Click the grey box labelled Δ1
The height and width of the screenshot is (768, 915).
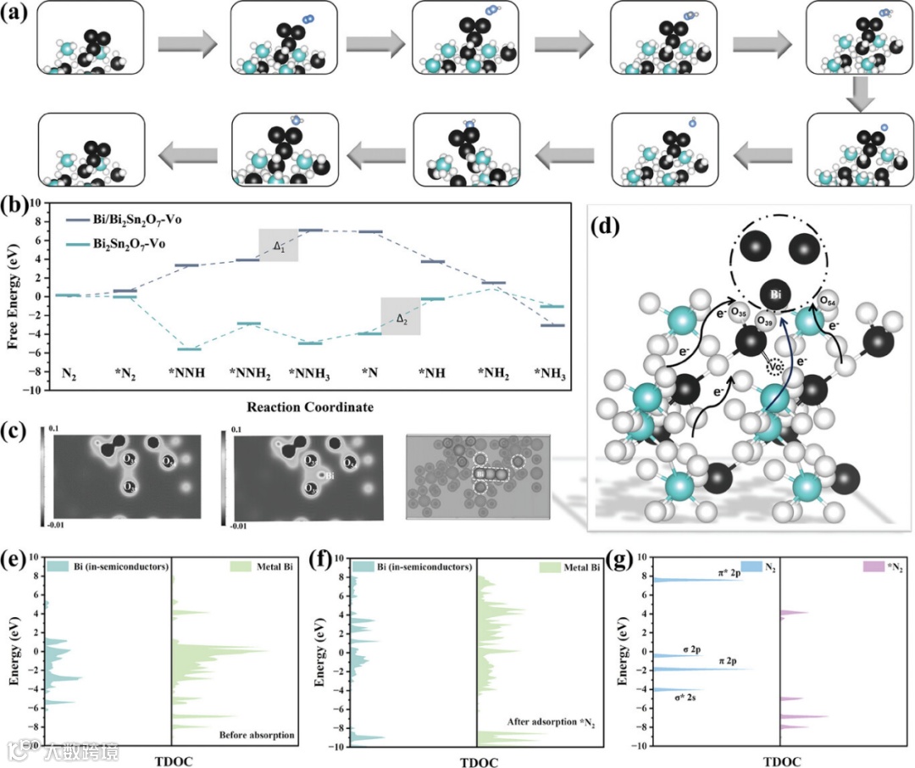click(x=278, y=245)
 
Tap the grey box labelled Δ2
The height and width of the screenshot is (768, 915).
click(x=401, y=316)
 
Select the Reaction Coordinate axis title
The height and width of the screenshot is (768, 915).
click(x=309, y=408)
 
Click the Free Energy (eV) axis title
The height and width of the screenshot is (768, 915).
click(x=12, y=296)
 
